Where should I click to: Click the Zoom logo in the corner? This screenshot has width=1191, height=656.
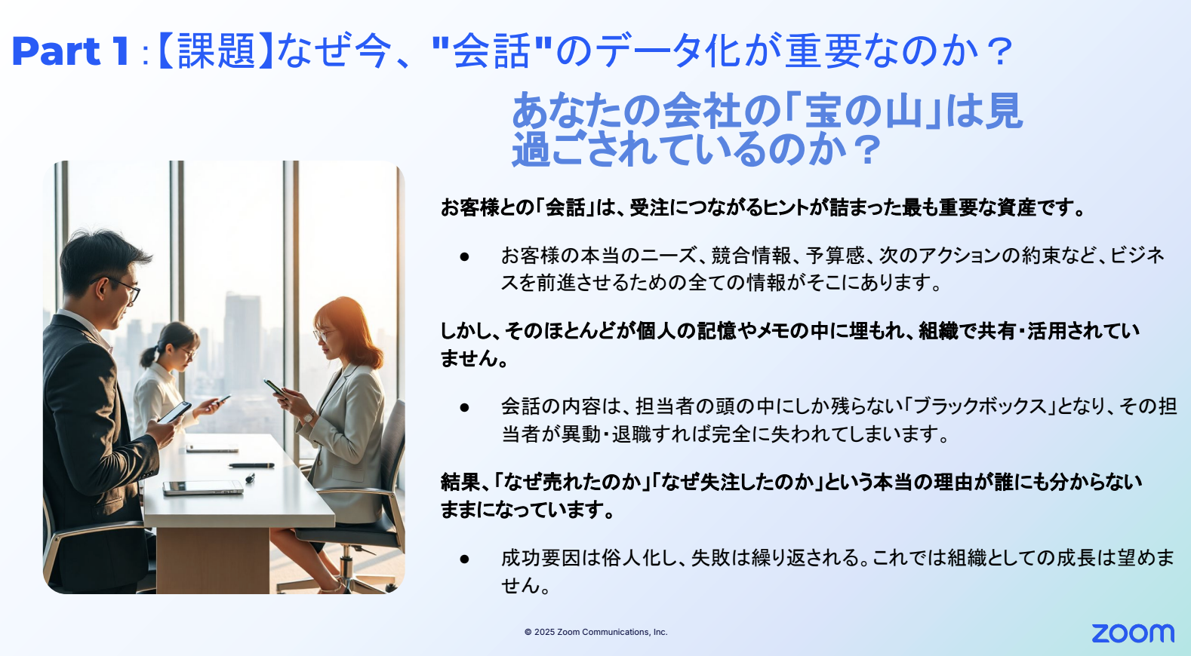(1133, 633)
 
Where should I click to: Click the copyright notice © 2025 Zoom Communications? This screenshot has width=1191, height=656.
(595, 632)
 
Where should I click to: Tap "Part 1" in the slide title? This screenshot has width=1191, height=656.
(70, 51)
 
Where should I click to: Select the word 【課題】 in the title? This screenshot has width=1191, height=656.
(216, 51)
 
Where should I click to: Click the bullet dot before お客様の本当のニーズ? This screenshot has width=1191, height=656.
(465, 257)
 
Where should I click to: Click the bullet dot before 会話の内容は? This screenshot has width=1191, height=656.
(465, 407)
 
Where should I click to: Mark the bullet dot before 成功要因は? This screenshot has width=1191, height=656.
(465, 559)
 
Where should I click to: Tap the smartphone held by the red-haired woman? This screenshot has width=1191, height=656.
(275, 388)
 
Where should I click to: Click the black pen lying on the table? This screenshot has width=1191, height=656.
(251, 465)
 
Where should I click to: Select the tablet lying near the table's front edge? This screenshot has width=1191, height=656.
(202, 487)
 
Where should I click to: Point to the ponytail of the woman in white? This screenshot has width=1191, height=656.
(148, 357)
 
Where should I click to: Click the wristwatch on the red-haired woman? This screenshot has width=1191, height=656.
(308, 418)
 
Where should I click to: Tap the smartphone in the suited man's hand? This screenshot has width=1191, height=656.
(175, 412)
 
